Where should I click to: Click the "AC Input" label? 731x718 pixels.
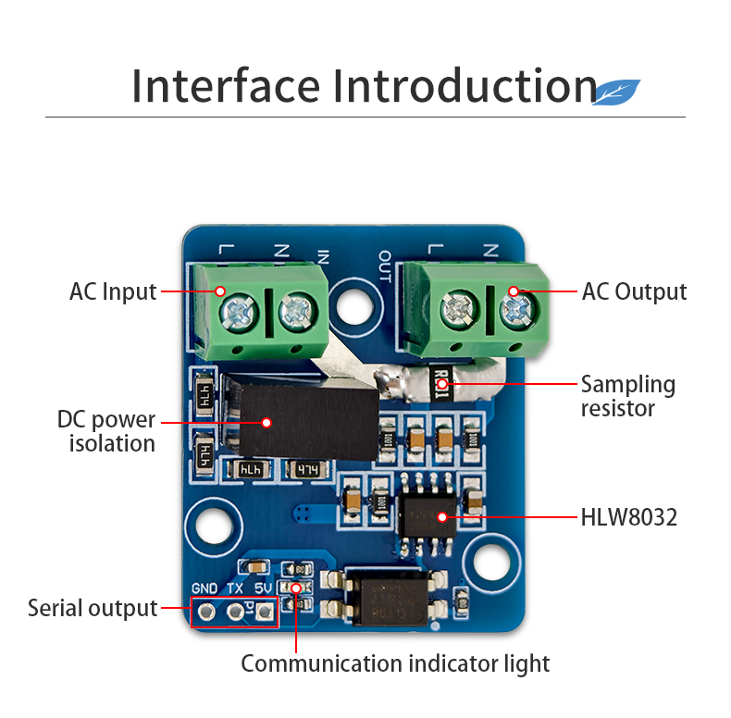113,291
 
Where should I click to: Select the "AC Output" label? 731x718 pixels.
634,291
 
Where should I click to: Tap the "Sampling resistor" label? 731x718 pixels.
627,396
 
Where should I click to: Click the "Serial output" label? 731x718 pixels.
93,608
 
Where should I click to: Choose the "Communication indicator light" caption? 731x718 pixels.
395,663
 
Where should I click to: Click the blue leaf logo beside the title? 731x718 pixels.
616,92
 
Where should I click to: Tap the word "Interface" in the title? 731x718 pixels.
227,85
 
